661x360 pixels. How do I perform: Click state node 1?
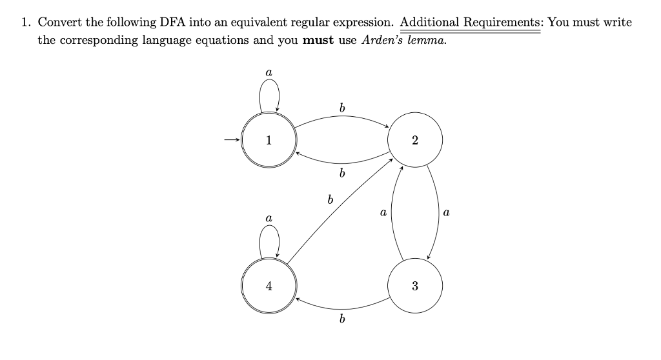pos(269,140)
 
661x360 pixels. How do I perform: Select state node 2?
pos(414,140)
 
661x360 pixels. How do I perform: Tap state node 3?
pos(414,286)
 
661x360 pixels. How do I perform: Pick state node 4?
pos(269,286)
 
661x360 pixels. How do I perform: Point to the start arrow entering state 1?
pos(231,140)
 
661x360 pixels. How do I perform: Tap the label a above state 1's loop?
pos(269,74)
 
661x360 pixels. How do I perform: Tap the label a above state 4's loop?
pos(269,220)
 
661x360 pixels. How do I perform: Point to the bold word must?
pos(318,39)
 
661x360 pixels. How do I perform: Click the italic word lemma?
pos(427,39)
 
